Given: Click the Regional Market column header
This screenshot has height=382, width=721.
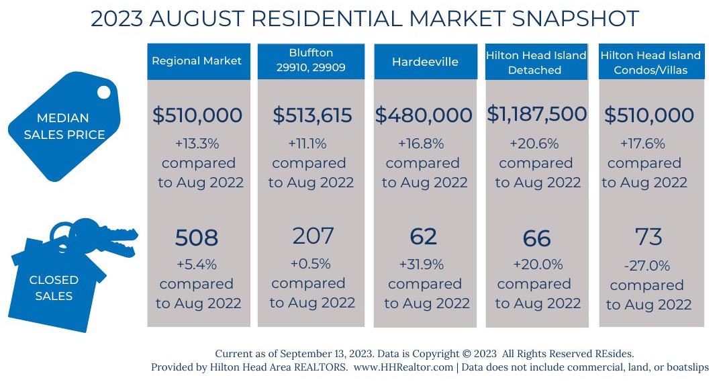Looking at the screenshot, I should click(x=197, y=61).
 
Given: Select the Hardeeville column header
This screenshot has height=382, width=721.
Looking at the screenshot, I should click(x=425, y=62).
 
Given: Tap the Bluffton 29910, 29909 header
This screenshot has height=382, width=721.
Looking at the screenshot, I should click(x=311, y=61).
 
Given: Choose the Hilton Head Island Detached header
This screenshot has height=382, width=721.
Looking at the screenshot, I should click(x=536, y=62).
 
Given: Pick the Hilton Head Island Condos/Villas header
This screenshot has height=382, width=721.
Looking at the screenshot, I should click(x=651, y=62).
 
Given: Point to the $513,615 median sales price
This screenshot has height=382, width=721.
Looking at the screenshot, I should click(x=312, y=115).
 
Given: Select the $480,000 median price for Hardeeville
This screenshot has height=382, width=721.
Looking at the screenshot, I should click(x=424, y=115).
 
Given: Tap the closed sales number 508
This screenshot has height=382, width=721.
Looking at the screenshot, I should click(x=197, y=238).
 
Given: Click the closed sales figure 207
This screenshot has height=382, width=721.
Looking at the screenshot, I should click(x=314, y=236).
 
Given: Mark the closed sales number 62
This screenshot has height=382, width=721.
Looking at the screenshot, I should click(x=423, y=236).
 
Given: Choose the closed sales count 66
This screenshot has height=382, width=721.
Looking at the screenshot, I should click(x=536, y=238).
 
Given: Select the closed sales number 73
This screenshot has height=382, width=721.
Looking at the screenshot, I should click(x=648, y=236).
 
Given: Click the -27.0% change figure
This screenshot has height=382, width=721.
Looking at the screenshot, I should click(x=646, y=266).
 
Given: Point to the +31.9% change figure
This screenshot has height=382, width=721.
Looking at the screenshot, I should click(x=424, y=264).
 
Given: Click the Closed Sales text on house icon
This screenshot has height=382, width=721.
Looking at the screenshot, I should click(x=54, y=287).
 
